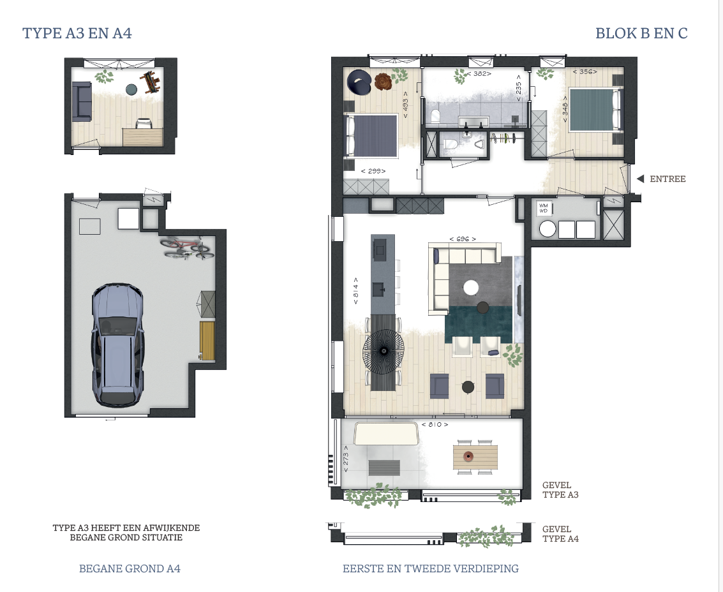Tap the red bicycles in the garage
point(187,248)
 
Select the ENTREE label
point(667,179)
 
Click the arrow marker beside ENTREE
point(640,179)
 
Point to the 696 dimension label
point(463,239)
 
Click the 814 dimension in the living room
point(355,290)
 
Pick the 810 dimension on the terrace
point(435,424)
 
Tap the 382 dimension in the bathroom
point(479,74)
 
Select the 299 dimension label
point(373,171)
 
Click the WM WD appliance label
point(544,209)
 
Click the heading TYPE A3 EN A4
point(77,34)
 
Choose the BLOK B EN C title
point(641,34)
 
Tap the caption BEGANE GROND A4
point(130,568)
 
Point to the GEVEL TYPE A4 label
point(560,534)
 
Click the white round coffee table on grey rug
point(471,288)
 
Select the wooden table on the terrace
point(475,457)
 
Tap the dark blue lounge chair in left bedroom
point(359,82)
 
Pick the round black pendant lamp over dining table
point(383,351)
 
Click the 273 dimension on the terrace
point(345,459)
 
